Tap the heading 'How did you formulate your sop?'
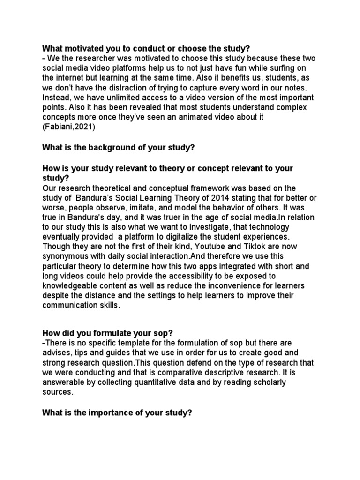click(x=108, y=333)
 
